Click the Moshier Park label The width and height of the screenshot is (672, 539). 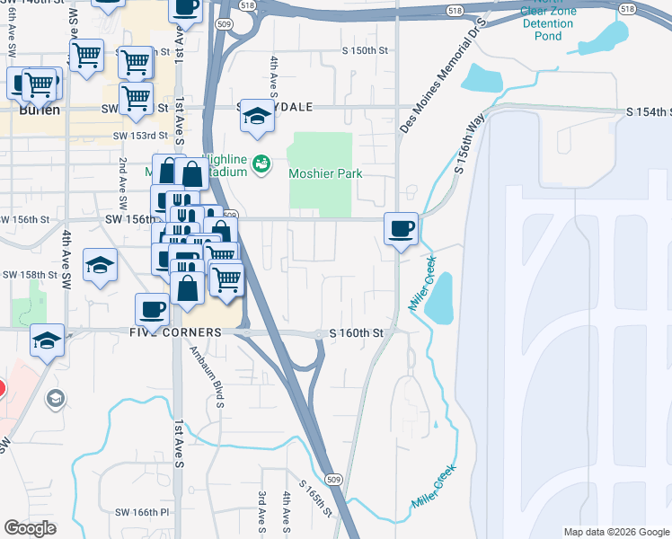pyautogui.click(x=324, y=173)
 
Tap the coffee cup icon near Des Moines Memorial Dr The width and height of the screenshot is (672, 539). pyautogui.click(x=401, y=228)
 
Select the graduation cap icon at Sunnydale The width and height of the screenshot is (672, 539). pyautogui.click(x=257, y=116)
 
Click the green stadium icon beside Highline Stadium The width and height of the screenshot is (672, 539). pyautogui.click(x=261, y=163)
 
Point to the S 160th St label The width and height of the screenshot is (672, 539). pyautogui.click(x=357, y=332)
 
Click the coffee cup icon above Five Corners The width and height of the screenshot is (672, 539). pyautogui.click(x=152, y=310)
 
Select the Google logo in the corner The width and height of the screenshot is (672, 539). pyautogui.click(x=30, y=527)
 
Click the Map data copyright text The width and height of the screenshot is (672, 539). pyautogui.click(x=616, y=532)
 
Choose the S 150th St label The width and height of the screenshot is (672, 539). pyautogui.click(x=350, y=51)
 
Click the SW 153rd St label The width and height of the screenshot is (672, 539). pyautogui.click(x=141, y=136)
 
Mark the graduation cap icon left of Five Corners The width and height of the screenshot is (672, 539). pyautogui.click(x=47, y=340)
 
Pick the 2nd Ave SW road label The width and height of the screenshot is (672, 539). pyautogui.click(x=122, y=180)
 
